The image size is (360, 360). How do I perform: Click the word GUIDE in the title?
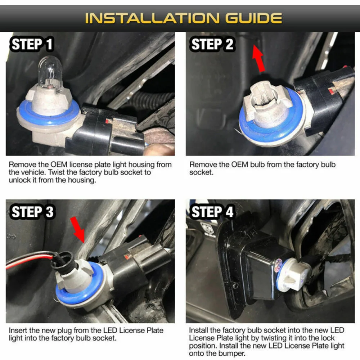click(x=253, y=18)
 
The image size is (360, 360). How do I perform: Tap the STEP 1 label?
click(x=32, y=44)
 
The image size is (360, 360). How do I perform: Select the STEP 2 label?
click(x=212, y=44)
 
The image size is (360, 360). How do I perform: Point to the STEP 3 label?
click(x=32, y=211)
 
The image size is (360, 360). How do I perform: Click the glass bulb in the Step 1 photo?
click(x=50, y=74)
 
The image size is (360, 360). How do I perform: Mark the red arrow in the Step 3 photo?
click(x=78, y=230)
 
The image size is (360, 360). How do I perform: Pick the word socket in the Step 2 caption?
click(x=201, y=172)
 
